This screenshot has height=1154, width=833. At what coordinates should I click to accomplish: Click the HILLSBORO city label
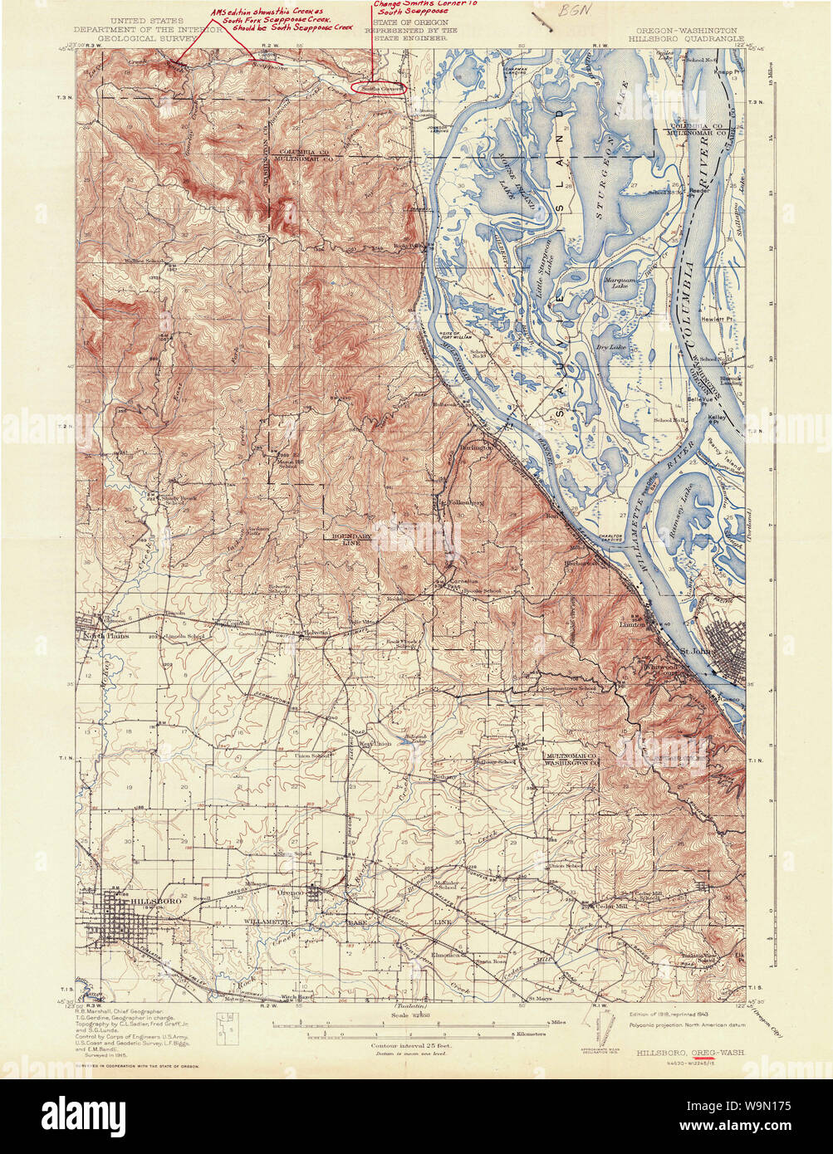click(155, 901)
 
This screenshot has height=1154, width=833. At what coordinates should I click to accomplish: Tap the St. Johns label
click(696, 651)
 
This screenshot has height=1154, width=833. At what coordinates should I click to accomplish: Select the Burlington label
click(477, 447)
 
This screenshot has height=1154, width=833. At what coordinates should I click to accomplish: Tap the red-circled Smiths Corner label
click(378, 86)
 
